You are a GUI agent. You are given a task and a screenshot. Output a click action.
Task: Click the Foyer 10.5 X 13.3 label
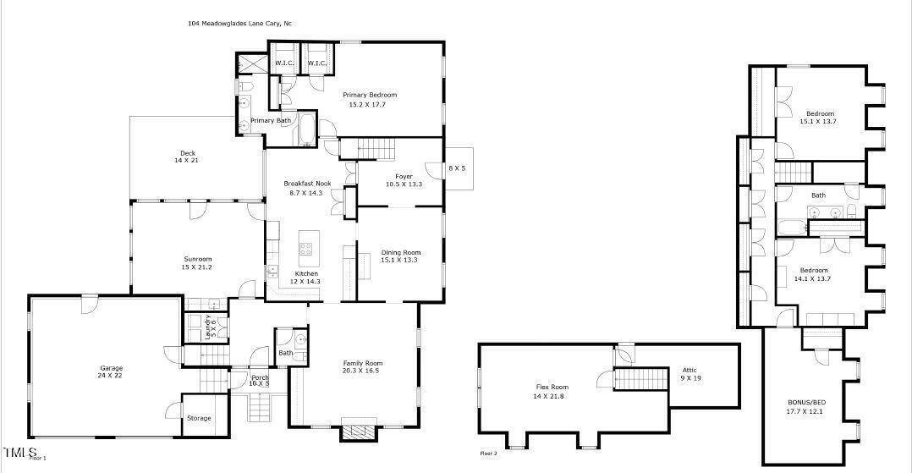(398, 180)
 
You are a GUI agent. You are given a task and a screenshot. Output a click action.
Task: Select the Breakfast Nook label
(306, 188)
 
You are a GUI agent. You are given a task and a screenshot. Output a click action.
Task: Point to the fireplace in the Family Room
(355, 432)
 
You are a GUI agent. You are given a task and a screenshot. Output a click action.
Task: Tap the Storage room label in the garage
(199, 418)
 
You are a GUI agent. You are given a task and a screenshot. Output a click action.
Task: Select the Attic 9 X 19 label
(691, 373)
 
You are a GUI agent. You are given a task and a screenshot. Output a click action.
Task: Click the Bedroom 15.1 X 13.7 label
(819, 117)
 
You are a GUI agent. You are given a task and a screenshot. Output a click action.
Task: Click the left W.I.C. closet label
(283, 63)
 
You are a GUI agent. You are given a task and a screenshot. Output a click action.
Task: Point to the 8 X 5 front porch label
(457, 168)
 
